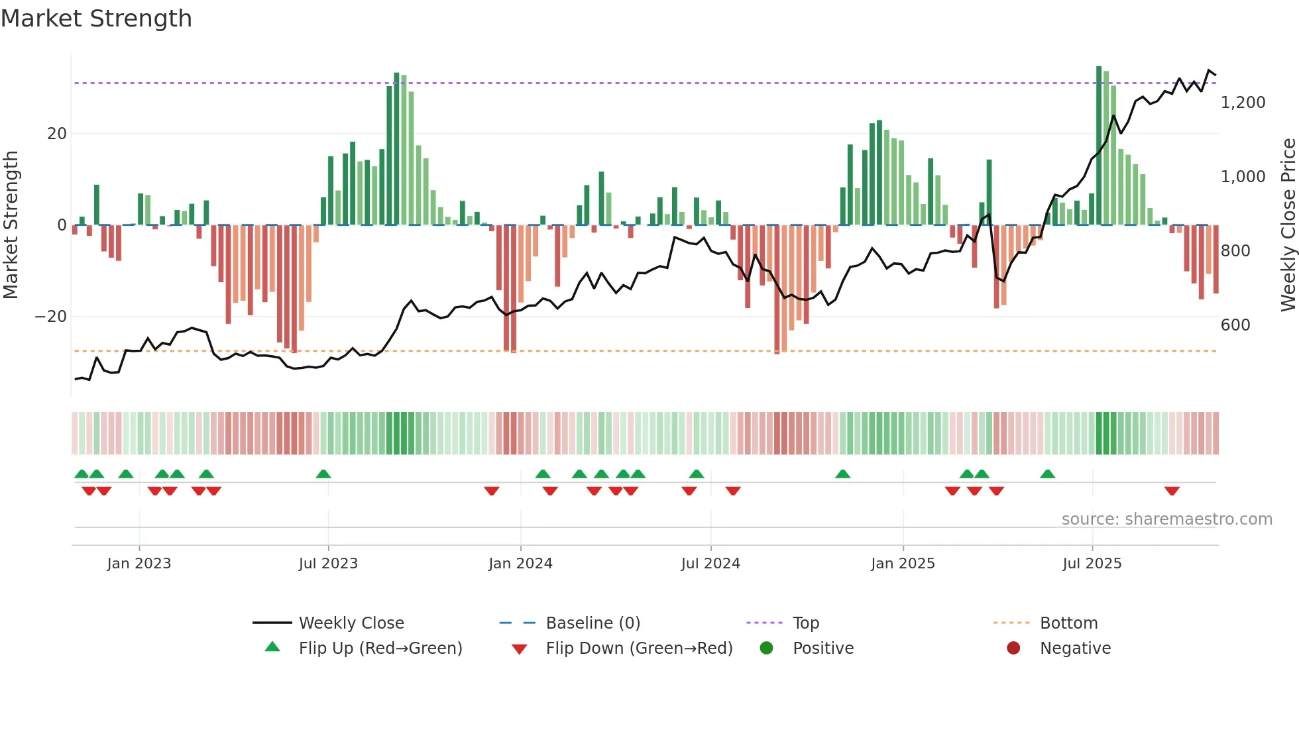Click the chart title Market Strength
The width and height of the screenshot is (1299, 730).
(x=97, y=19)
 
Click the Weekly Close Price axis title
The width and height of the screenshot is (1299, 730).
(x=1288, y=225)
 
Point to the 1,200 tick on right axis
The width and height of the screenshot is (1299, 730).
(x=1243, y=103)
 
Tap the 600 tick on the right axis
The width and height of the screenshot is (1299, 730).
(x=1235, y=325)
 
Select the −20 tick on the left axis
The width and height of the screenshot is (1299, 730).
(x=51, y=317)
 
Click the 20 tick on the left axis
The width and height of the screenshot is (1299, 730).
(x=57, y=134)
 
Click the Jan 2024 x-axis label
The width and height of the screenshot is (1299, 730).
(x=520, y=564)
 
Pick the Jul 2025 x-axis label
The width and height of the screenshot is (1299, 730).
(x=1092, y=564)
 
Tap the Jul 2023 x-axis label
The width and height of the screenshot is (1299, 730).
(x=328, y=564)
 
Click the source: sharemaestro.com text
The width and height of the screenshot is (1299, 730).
(x=1166, y=519)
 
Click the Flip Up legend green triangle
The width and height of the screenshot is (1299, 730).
(x=272, y=647)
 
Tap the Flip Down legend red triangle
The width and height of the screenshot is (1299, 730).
(x=520, y=649)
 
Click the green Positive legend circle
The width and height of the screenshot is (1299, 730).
(x=767, y=649)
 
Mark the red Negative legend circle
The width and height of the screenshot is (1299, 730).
(x=1013, y=649)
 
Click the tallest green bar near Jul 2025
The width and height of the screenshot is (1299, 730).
(x=1099, y=146)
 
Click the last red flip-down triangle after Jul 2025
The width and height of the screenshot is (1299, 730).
(x=1172, y=491)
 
